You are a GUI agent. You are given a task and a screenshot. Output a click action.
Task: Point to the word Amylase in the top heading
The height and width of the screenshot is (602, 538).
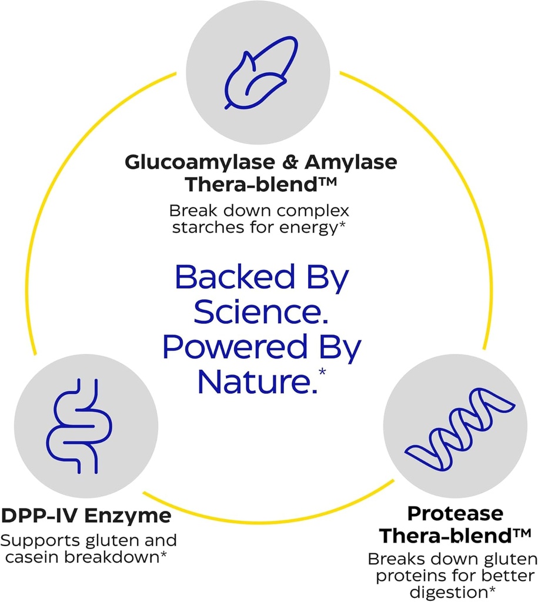(x=346, y=163)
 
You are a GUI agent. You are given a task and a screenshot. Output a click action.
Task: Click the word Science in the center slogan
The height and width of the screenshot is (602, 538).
(x=260, y=313)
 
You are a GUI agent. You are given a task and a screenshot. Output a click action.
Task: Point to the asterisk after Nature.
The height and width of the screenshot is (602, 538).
(x=321, y=372)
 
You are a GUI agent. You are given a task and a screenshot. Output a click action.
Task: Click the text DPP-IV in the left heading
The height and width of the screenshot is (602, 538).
(x=39, y=516)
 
